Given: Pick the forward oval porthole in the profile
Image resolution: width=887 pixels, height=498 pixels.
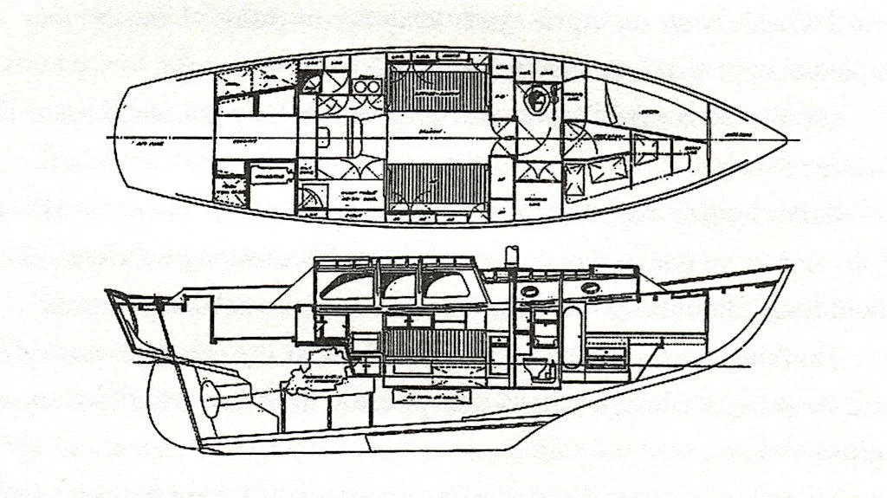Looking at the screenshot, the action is [592, 287].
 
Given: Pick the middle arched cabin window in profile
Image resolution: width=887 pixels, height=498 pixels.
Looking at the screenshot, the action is [398, 287].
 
